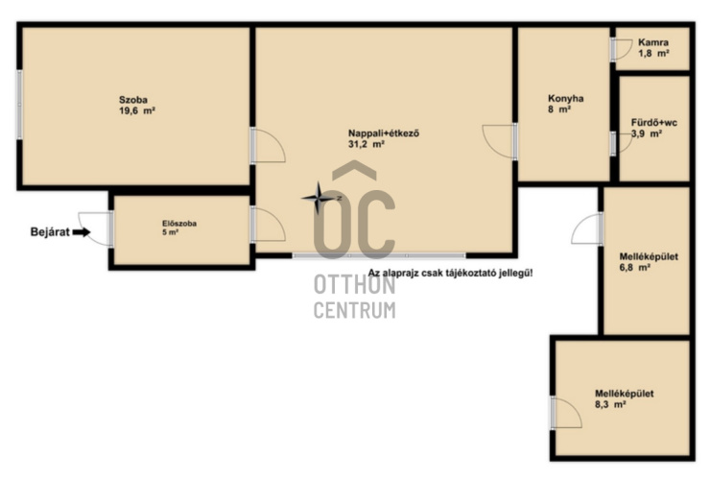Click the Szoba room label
click(x=133, y=100)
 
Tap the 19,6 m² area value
click(x=137, y=110)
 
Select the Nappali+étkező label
click(x=384, y=133)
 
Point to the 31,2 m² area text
click(x=367, y=144)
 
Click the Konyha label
click(x=565, y=98)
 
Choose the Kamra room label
click(x=653, y=42)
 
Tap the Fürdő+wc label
click(x=654, y=123)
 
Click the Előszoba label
click(x=179, y=224)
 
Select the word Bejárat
click(x=50, y=232)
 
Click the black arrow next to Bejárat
click(x=82, y=232)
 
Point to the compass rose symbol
click(x=319, y=198)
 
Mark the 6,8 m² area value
click(x=635, y=268)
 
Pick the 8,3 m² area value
click(x=610, y=404)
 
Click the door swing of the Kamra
click(x=622, y=50)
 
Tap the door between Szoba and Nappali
click(x=268, y=145)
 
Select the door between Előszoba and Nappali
click(x=268, y=225)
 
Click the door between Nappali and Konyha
click(x=500, y=141)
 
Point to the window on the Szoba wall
click(x=19, y=105)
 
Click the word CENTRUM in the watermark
click(x=355, y=310)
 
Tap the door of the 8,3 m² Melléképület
click(x=566, y=413)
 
